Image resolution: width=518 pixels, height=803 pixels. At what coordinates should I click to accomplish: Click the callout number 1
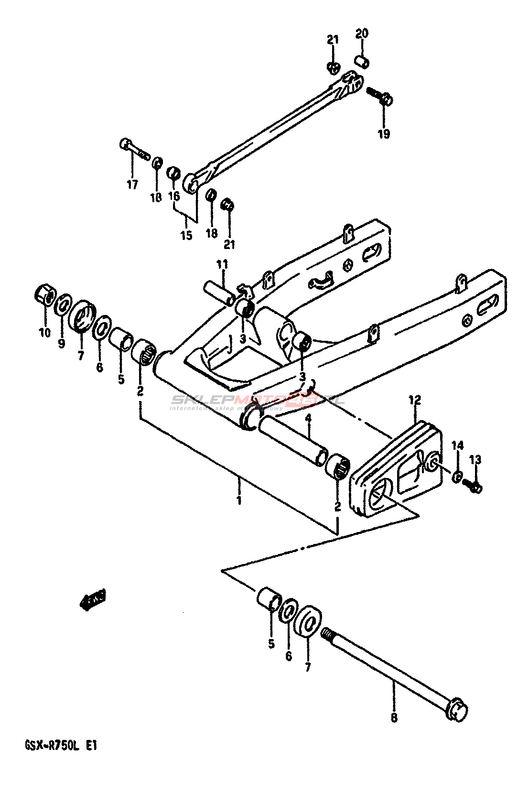239,500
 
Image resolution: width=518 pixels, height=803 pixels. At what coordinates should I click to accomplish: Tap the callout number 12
414,400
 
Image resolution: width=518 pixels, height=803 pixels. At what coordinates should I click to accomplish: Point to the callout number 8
394,717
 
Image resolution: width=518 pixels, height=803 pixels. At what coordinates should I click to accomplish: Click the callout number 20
362,33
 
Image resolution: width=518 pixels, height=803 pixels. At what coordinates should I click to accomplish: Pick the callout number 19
384,134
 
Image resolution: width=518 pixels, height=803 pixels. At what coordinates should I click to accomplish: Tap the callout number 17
132,184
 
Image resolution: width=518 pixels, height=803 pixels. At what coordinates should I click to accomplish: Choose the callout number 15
185,235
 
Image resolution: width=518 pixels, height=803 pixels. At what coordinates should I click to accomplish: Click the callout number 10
44,332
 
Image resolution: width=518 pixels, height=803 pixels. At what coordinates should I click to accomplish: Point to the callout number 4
308,419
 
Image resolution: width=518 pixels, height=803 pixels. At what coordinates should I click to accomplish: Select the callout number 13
475,460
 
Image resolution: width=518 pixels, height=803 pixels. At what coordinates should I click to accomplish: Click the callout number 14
457,446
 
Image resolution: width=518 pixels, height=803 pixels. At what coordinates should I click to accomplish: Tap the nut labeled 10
45,295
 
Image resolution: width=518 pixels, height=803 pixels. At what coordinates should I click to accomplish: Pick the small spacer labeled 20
362,62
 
